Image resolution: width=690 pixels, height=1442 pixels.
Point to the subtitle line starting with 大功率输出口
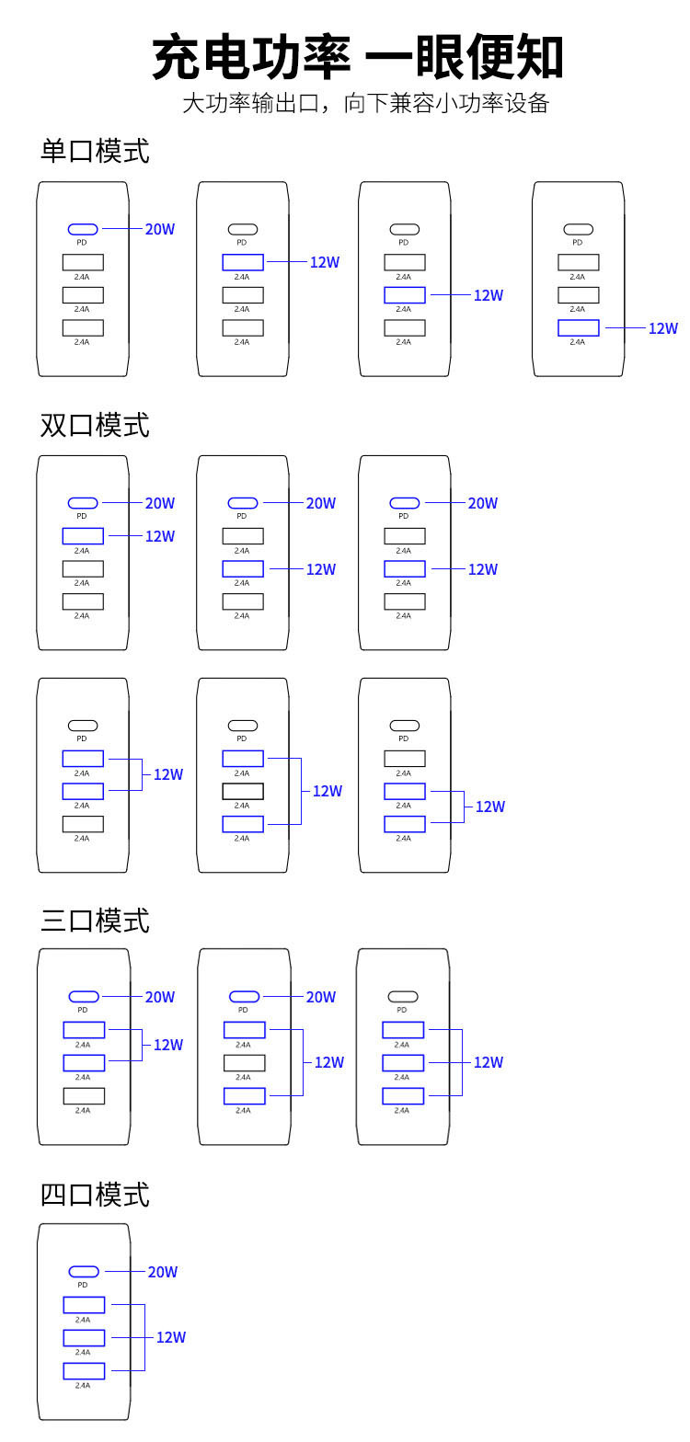coord(365,103)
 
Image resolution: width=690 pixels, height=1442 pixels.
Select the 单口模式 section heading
coord(95,151)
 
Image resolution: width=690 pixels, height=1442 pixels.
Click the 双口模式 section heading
coord(95,425)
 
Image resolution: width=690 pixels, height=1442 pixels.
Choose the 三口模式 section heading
coord(95,921)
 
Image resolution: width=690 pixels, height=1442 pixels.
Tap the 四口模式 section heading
coord(95,1195)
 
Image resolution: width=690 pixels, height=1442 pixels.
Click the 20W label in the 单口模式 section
coord(160,229)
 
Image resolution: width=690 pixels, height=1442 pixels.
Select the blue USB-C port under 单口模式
coord(83,229)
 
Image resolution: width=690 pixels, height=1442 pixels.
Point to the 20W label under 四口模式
coord(163,1272)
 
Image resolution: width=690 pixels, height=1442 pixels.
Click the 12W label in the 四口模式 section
coord(171,1337)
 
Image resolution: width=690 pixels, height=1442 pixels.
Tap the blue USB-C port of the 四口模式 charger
coord(84,1272)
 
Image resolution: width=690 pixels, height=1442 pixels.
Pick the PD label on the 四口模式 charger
coord(83,1285)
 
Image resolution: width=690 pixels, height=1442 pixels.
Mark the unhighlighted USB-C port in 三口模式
coord(403,996)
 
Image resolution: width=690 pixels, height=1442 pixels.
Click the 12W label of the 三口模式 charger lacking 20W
coord(489,1062)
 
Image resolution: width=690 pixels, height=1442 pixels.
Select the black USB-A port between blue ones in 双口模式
coord(243,791)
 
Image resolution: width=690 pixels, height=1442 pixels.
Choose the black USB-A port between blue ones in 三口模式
coord(244,1063)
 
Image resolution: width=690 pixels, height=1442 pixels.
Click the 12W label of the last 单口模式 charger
coord(663,328)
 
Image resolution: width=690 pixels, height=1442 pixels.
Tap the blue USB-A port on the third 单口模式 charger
coord(405,295)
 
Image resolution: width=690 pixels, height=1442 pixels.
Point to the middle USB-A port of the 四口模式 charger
coord(84,1337)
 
